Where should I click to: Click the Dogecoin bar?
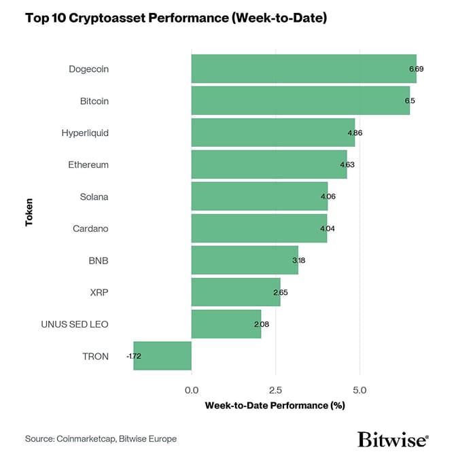click(x=303, y=69)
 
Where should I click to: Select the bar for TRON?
click(x=162, y=356)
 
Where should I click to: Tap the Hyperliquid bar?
click(x=273, y=133)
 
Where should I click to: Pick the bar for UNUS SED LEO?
click(x=226, y=324)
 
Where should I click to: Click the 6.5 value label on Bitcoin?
click(x=409, y=101)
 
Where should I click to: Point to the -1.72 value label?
click(x=134, y=356)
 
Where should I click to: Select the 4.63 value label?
click(x=347, y=164)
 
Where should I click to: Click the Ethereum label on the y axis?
click(x=88, y=164)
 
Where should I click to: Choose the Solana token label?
click(x=94, y=196)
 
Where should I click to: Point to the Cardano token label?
click(x=90, y=228)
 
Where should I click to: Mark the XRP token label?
click(x=99, y=292)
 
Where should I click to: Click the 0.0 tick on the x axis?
click(x=192, y=390)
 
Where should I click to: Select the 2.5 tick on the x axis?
click(x=276, y=390)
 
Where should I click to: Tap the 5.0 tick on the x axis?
click(x=360, y=390)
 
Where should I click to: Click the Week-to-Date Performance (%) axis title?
click(x=275, y=406)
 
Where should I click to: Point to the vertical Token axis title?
click(x=29, y=212)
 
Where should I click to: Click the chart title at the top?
click(x=176, y=18)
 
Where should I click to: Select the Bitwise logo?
click(x=393, y=438)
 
